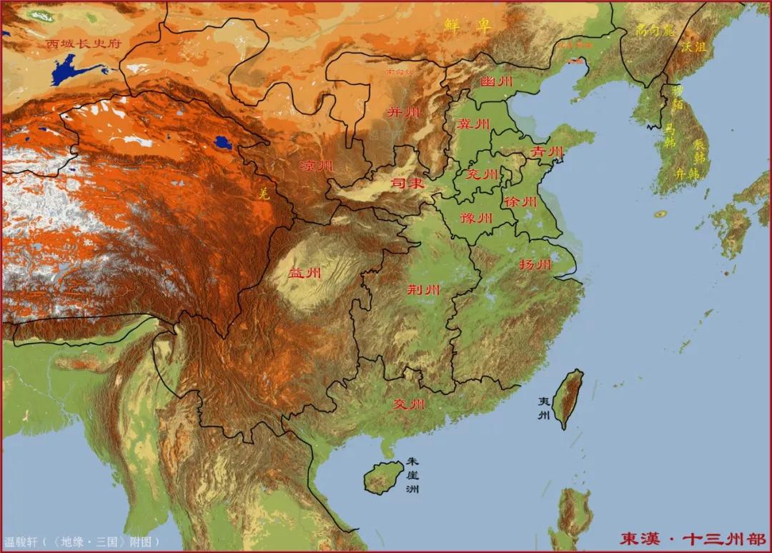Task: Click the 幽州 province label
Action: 497,82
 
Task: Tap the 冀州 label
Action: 474,124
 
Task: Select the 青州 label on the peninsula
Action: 548,152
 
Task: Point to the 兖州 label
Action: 482,174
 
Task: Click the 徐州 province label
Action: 520,202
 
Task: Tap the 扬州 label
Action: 535,265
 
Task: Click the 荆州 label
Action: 423,289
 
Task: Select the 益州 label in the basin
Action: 305,273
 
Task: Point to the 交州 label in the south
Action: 409,404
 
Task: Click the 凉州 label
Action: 317,166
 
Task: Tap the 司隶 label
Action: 407,184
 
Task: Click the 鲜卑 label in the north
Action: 468,27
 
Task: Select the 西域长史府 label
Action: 84,44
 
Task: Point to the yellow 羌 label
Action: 264,193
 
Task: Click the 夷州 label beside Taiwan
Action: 545,409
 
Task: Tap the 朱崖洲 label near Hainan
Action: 412,475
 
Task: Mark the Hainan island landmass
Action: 384,477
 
